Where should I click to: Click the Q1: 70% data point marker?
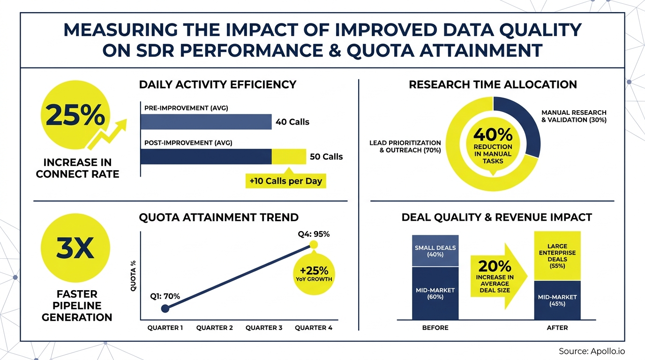165,308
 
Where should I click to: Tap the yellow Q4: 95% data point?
314,245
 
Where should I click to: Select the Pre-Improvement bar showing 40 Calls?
206,122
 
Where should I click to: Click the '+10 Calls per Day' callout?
286,181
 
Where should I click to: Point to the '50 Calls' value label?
326,157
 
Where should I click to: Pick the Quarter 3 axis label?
264,328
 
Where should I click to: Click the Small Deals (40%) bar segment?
435,251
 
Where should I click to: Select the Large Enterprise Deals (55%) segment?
557,255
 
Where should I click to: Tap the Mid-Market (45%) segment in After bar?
557,300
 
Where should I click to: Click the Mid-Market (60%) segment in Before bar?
435,293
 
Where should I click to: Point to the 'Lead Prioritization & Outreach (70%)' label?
405,146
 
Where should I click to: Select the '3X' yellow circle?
75,249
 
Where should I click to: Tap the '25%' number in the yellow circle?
75,116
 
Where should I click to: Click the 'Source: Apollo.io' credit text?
592,351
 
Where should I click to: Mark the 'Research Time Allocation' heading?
493,84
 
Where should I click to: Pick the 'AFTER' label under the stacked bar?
557,328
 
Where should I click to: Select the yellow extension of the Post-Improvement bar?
289,157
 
